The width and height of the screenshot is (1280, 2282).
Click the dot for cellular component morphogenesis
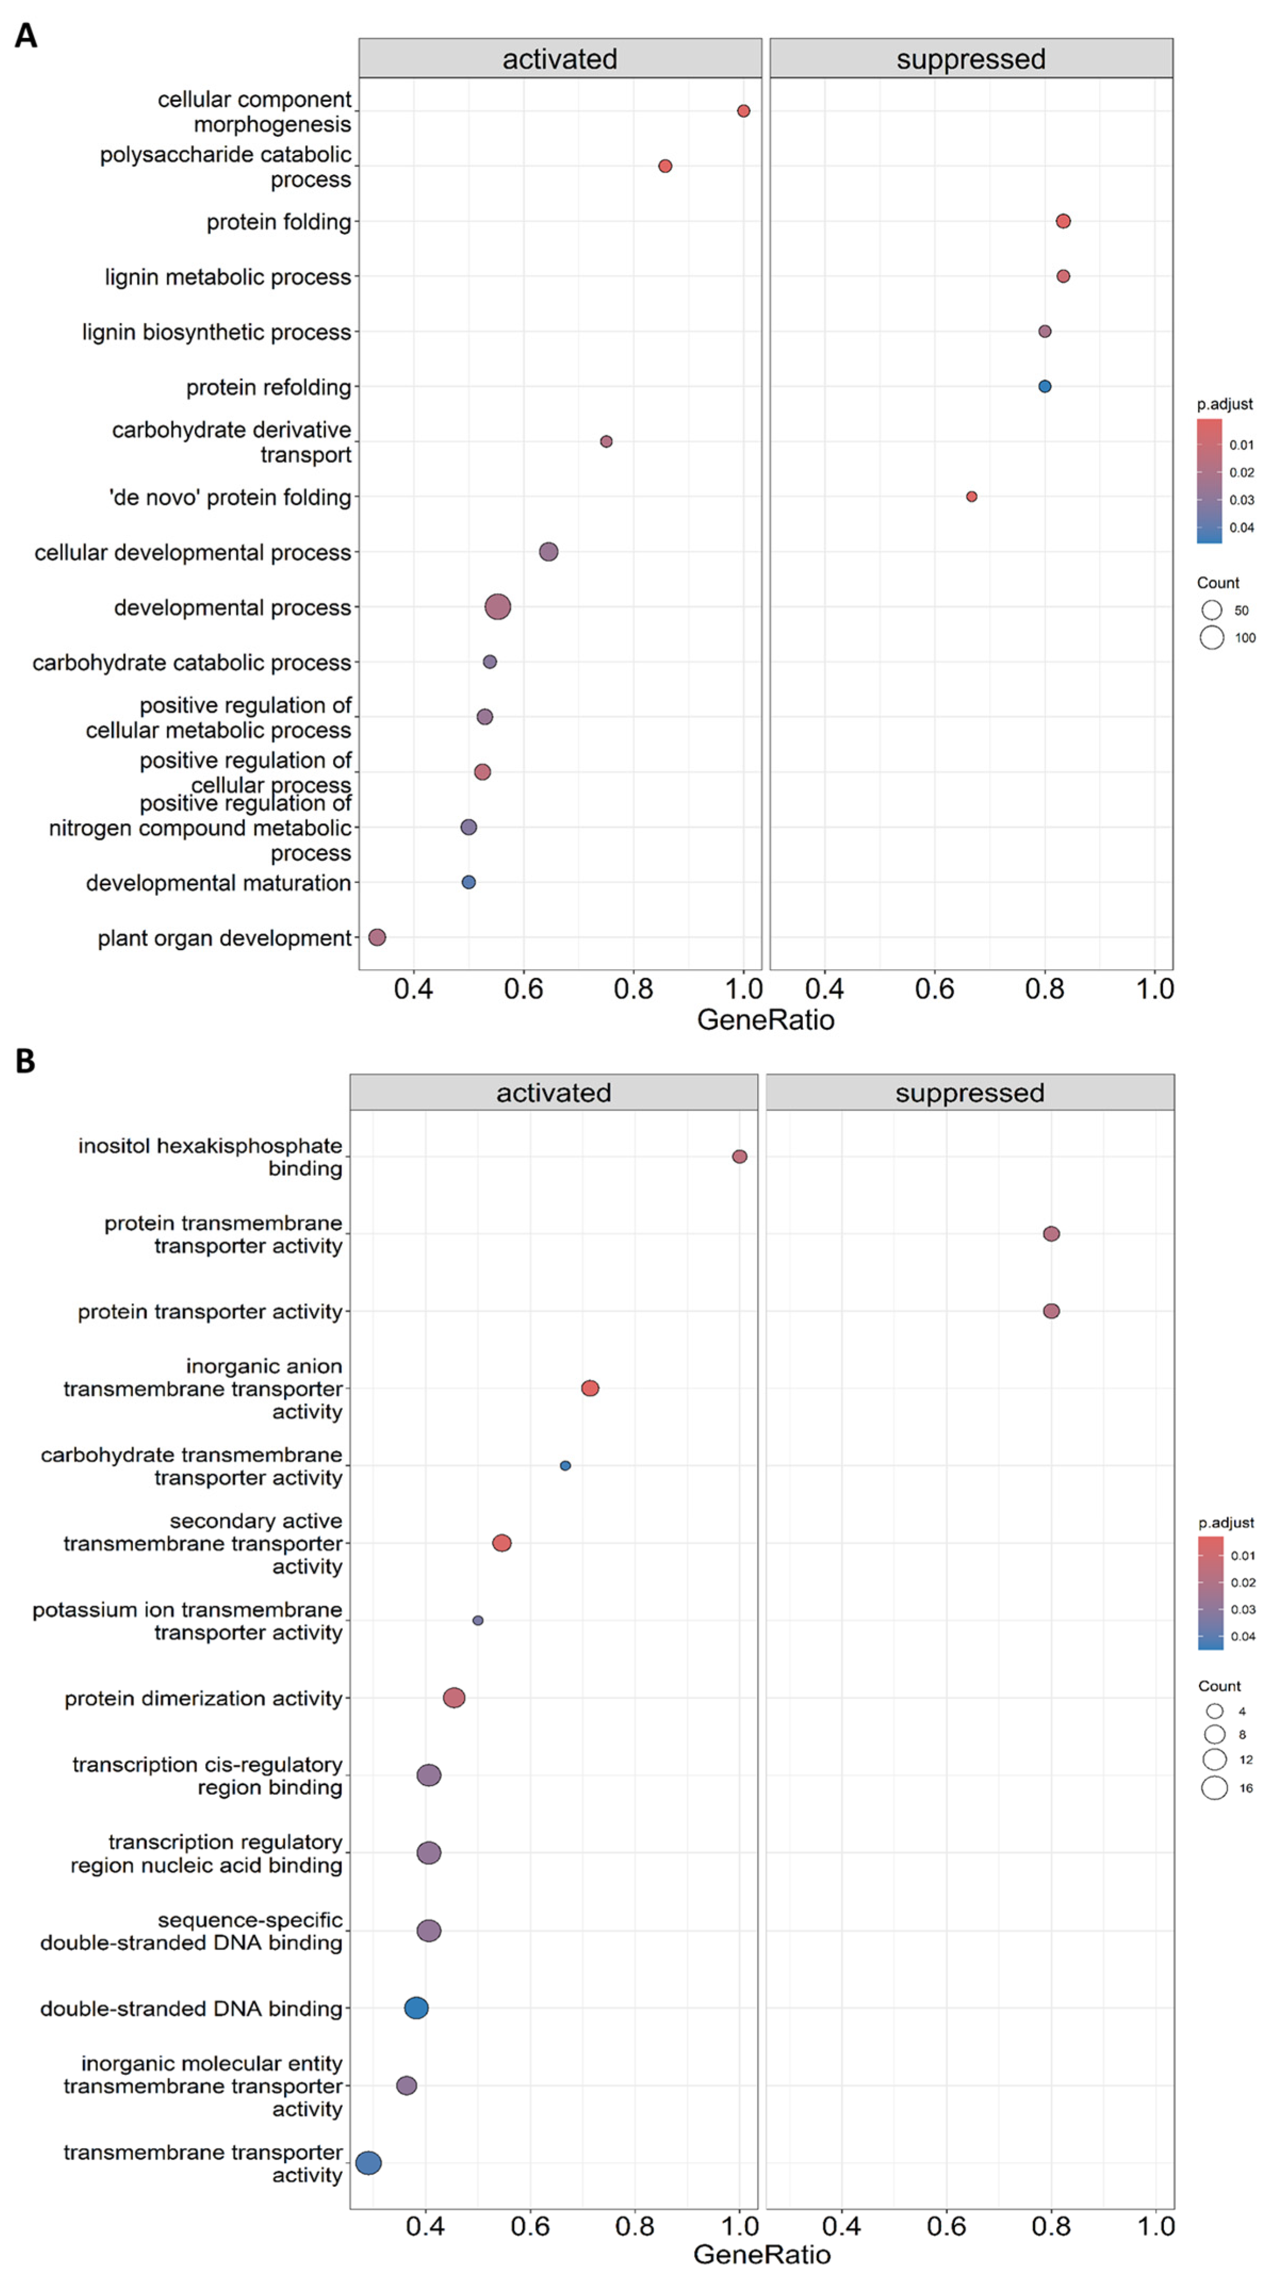tap(743, 111)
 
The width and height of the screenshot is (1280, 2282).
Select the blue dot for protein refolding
tap(1044, 386)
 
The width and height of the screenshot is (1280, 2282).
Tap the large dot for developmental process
tap(498, 607)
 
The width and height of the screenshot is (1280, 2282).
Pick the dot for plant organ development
tap(376, 937)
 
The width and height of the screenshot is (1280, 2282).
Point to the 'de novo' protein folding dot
tap(972, 497)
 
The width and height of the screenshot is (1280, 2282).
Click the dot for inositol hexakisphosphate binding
tap(740, 1156)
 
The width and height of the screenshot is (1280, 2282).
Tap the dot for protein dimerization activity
tap(454, 1697)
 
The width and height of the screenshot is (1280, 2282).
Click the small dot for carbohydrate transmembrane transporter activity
tap(565, 1465)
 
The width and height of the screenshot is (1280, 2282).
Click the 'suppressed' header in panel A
tap(971, 59)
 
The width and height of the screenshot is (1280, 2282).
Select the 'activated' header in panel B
tap(554, 1092)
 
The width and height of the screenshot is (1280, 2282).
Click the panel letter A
tap(26, 36)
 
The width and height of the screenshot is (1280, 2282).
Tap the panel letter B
tap(26, 1060)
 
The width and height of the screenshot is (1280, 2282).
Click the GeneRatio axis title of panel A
tap(765, 1020)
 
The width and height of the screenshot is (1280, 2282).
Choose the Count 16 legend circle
tap(1215, 1788)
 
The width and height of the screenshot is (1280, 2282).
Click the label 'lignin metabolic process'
tap(228, 277)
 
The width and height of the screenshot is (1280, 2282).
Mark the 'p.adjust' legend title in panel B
tap(1226, 1522)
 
